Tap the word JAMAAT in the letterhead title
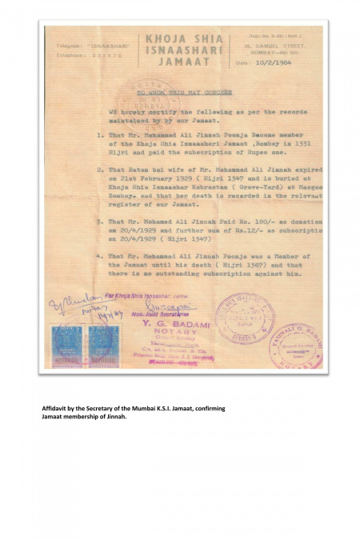(x=178, y=61)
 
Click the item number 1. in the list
(x=101, y=134)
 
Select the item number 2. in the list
(x=101, y=170)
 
